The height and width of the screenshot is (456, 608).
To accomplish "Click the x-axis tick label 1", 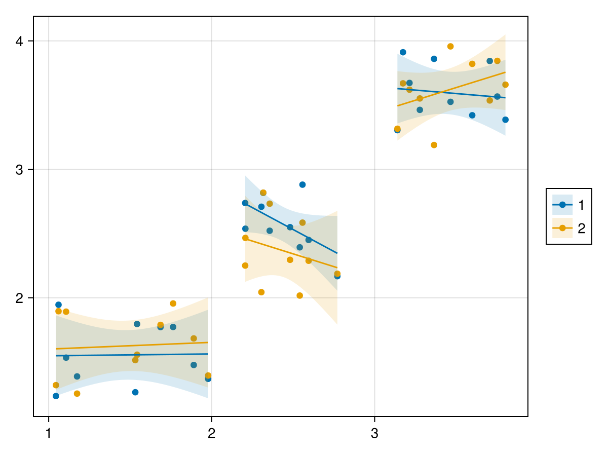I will tap(48, 434).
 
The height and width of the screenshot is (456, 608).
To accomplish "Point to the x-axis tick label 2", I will tap(211, 434).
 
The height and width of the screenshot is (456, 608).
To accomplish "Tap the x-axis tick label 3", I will tap(374, 434).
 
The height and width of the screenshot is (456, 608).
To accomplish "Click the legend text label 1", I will tap(581, 205).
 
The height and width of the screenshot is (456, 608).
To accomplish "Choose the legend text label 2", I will tap(581, 228).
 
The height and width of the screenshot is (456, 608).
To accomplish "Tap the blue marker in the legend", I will tap(562, 205).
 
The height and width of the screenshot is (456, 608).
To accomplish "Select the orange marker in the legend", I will tap(562, 228).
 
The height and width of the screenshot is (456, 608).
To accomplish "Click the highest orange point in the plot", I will tap(450, 47).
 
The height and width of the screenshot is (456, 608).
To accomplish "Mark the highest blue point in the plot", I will tap(403, 52).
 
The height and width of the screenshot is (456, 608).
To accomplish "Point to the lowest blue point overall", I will tap(56, 396).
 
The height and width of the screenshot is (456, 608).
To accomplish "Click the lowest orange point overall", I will tap(77, 394).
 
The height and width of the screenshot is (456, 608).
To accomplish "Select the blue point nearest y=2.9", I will tap(302, 184).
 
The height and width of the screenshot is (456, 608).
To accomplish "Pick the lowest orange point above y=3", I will tap(434, 145).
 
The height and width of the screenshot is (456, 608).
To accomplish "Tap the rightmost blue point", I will tap(505, 120).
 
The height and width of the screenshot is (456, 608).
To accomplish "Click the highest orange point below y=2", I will tap(173, 303).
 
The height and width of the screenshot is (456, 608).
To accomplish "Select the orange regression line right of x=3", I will tap(451, 89).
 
